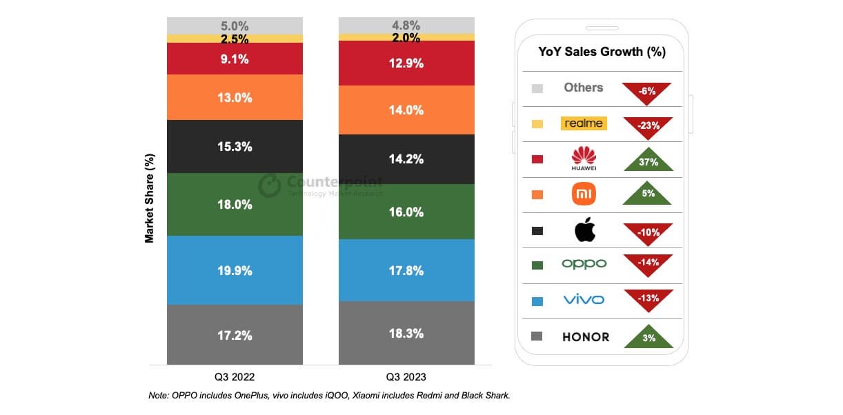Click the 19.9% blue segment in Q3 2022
(x=235, y=270)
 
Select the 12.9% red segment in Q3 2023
(x=406, y=63)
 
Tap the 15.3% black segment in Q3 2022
(x=235, y=147)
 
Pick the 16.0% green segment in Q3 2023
(x=406, y=212)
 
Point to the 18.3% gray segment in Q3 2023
(x=406, y=333)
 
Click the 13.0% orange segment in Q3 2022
(x=235, y=97)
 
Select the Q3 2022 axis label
(x=235, y=377)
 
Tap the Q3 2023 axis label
(x=406, y=377)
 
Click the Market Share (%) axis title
(x=149, y=198)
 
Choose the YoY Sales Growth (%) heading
(x=602, y=52)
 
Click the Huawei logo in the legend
(x=584, y=158)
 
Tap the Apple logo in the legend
(x=584, y=230)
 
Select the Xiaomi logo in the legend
(x=584, y=194)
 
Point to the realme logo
(x=584, y=123)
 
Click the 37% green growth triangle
(x=648, y=160)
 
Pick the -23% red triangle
(x=648, y=126)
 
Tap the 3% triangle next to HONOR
(x=648, y=337)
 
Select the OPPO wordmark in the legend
(x=584, y=264)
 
